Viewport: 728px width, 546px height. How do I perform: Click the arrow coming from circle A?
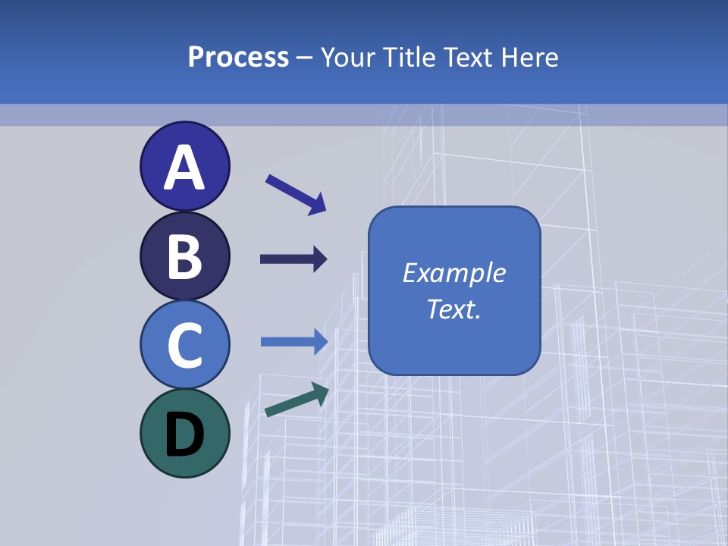(x=296, y=193)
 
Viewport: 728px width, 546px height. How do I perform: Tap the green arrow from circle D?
(x=297, y=400)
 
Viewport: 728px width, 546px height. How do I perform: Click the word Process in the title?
(x=238, y=58)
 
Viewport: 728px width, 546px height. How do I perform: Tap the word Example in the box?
(x=453, y=273)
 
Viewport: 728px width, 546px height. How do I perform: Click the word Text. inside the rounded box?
(x=453, y=309)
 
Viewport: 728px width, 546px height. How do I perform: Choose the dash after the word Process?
(x=304, y=58)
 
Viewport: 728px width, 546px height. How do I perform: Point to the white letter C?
(x=184, y=345)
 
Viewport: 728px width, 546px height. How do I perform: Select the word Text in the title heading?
(x=464, y=58)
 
